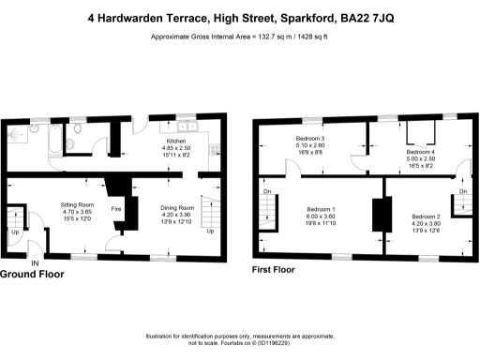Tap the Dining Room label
tap(176, 207)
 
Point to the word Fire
tap(116, 209)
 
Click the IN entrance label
tap(35, 263)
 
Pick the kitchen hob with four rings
tap(214, 148)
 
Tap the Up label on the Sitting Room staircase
tap(15, 231)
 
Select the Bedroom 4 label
tap(421, 152)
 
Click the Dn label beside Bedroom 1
tap(267, 194)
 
